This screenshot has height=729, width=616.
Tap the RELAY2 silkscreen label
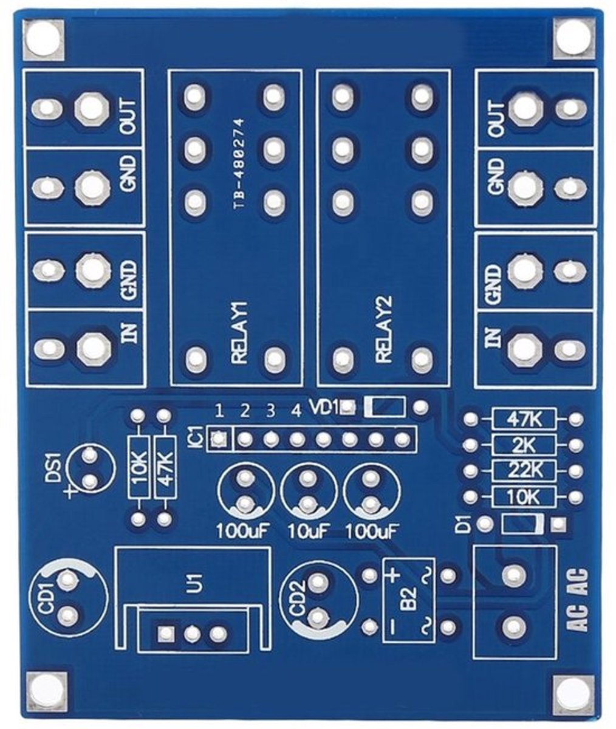click(x=384, y=330)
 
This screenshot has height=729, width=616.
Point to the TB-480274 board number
click(x=239, y=164)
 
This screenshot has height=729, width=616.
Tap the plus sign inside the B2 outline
click(x=394, y=573)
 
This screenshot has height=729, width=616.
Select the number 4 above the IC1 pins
click(x=296, y=412)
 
